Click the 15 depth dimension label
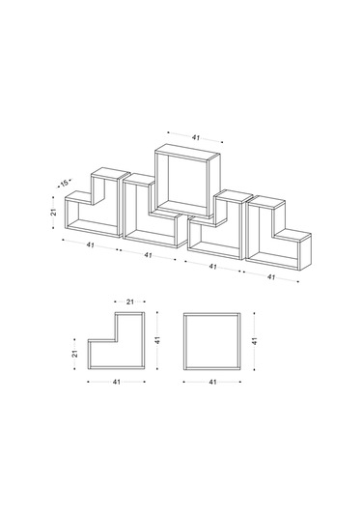click(65, 183)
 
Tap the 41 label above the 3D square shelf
click(196, 137)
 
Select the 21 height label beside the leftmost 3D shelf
click(54, 212)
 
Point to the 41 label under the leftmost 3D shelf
click(90, 245)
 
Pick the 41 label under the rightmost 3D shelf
click(270, 277)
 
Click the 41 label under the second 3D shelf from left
click(149, 255)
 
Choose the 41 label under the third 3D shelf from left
click(212, 267)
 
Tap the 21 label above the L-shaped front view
click(130, 302)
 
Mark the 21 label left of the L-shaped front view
click(75, 354)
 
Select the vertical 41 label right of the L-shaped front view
click(157, 340)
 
